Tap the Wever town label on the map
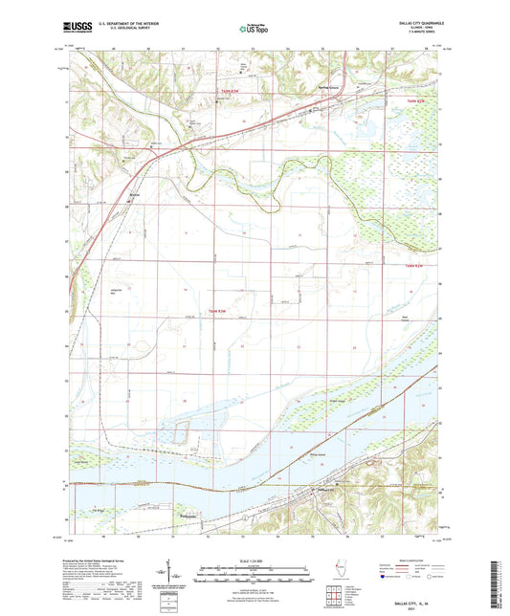coord(135,198)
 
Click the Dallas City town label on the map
coord(333,492)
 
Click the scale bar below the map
coord(255,574)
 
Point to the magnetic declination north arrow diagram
coord(177,574)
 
